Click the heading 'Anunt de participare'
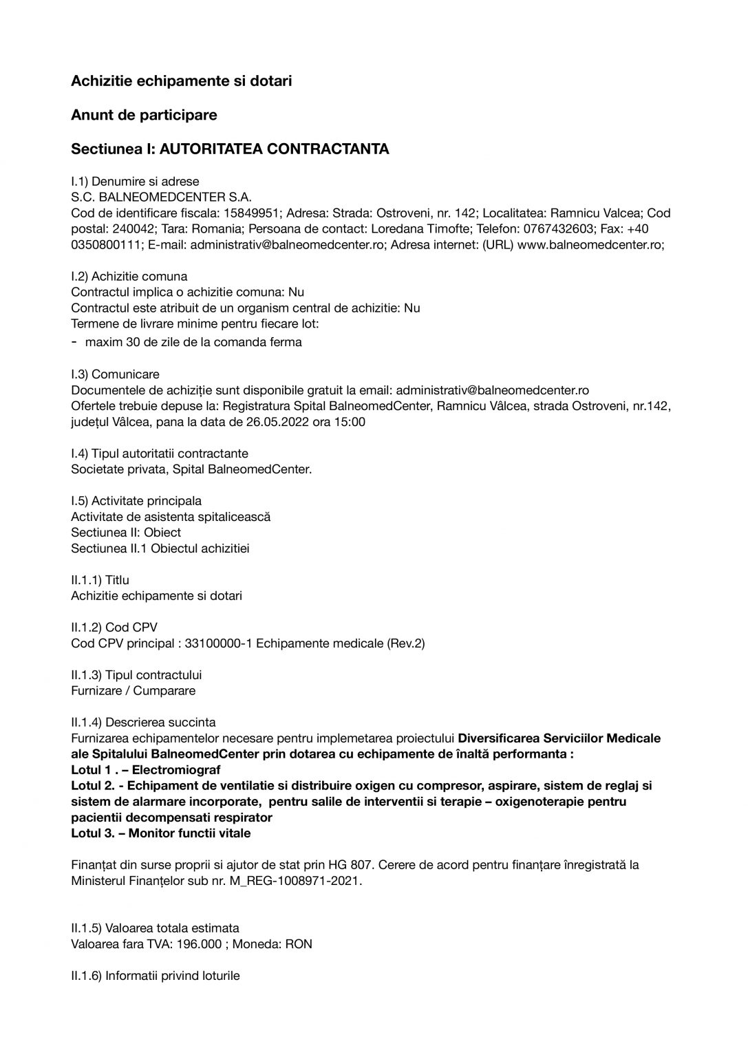(x=144, y=115)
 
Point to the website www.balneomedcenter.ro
(x=589, y=245)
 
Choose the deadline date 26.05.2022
(x=278, y=422)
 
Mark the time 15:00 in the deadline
(x=351, y=422)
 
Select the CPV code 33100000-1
(x=219, y=643)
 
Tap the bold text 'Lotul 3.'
(x=94, y=833)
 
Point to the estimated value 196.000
(x=199, y=944)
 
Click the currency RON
(x=299, y=944)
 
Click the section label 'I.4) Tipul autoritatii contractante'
(x=160, y=453)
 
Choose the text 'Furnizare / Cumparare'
(x=133, y=691)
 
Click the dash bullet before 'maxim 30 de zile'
(x=74, y=341)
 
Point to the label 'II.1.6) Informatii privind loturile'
(x=156, y=976)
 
